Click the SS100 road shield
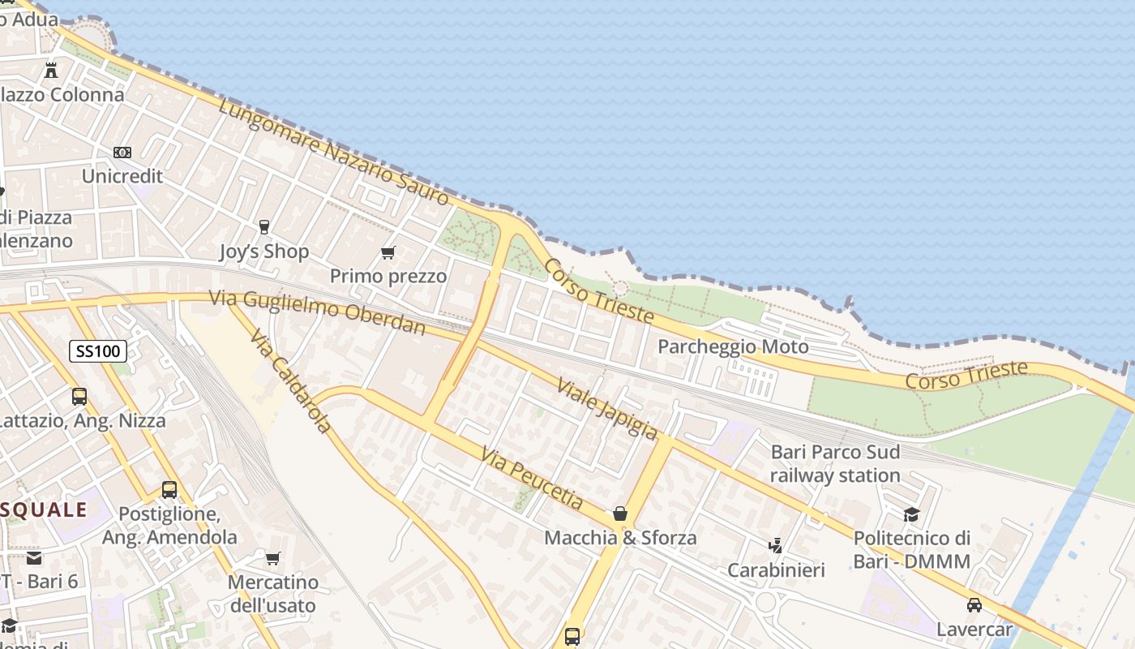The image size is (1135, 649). pos(98,351)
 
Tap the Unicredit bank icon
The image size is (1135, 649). pos(122,153)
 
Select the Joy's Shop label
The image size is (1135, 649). pos(264,251)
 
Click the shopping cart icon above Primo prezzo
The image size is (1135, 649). pos(388,253)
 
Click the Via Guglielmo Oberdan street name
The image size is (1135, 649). pos(318,312)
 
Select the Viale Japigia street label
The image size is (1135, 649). pos(607,409)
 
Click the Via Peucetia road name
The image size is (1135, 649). pos(532,479)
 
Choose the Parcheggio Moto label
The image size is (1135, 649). pos(733,347)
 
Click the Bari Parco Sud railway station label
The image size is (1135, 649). pos(835,463)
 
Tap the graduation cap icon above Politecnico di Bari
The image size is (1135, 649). pos(912,514)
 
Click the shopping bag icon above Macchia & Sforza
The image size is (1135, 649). pos(620,514)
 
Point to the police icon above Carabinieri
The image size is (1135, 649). pos(776,546)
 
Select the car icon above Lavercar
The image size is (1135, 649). pos(974,604)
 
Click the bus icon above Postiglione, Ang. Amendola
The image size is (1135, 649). pos(169,490)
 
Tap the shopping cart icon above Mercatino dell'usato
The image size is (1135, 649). pos(272,558)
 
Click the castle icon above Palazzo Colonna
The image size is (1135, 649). pos(51,71)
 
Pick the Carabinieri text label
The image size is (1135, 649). pos(776,570)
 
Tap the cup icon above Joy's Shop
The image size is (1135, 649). pos(263,227)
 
